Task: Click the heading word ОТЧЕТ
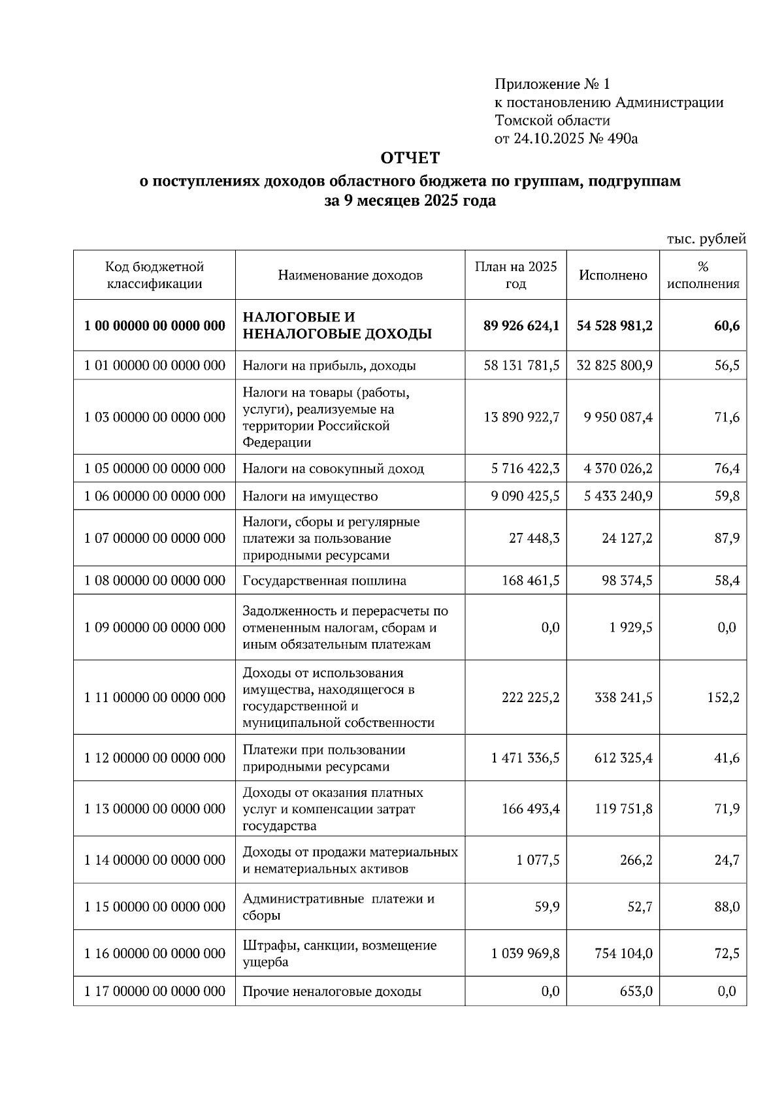[x=410, y=158]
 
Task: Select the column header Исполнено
[x=613, y=275]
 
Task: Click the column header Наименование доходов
[x=350, y=275]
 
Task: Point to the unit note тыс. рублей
[x=706, y=239]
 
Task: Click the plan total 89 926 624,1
[x=521, y=325]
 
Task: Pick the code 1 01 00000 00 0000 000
[x=155, y=365]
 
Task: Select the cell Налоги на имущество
[x=310, y=496]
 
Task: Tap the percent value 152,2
[x=723, y=698]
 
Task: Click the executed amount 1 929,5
[x=630, y=627]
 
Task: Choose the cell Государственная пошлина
[x=325, y=581]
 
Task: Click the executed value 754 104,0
[x=623, y=954]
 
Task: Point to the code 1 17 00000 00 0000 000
[x=155, y=991]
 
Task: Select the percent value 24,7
[x=727, y=860]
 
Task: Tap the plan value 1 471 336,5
[x=525, y=758]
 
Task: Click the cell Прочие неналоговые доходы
[x=332, y=991]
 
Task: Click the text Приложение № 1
[x=552, y=84]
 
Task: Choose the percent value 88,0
[x=727, y=907]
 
